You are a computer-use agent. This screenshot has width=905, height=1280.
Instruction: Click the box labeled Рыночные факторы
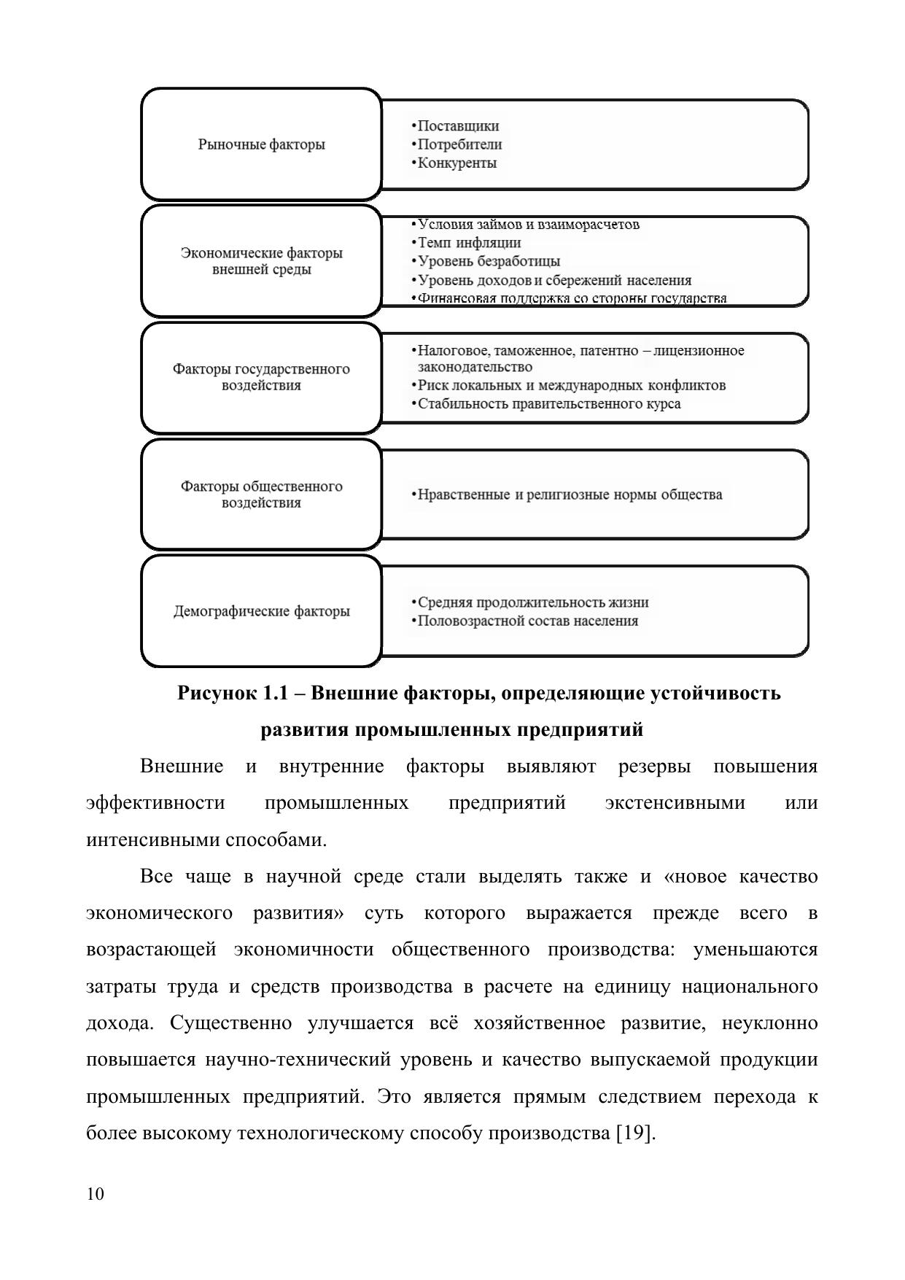(261, 144)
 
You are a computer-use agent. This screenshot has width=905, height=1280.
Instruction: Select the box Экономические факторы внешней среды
(261, 261)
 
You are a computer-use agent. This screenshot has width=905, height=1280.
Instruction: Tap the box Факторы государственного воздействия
(261, 377)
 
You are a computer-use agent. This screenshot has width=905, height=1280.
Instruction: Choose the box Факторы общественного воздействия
(261, 494)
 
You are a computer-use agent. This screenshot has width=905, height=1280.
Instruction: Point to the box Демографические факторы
(261, 611)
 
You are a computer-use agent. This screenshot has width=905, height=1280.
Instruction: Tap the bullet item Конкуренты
(457, 163)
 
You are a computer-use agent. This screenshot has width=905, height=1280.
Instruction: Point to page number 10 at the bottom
(95, 1194)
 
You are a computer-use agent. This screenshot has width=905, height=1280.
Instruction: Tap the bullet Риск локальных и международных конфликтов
(571, 385)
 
